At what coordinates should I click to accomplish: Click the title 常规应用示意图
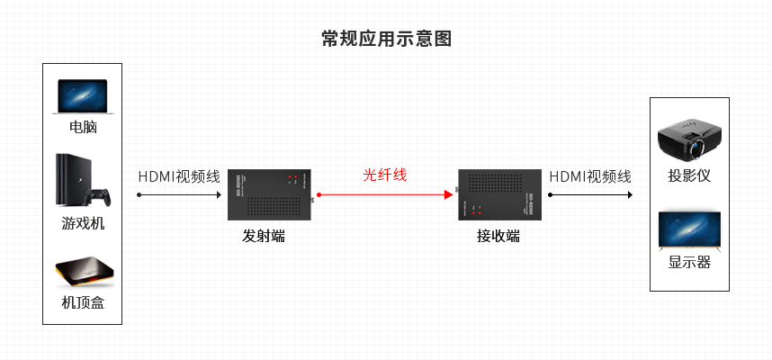coord(386,39)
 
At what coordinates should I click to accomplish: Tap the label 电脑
coord(82,128)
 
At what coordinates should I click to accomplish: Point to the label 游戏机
coord(82,223)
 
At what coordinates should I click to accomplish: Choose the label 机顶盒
coord(82,302)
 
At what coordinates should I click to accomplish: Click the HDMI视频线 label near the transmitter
coord(178,176)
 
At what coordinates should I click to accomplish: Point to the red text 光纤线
coord(385,175)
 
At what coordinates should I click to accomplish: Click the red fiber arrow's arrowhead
coord(446,193)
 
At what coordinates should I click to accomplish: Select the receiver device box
coord(498,194)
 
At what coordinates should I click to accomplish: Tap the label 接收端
coord(498,237)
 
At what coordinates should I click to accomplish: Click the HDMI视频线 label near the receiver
coord(590,176)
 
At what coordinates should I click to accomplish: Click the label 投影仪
coord(689,175)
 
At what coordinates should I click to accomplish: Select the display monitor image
coord(689,230)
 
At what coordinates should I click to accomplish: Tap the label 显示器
coord(689,263)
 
